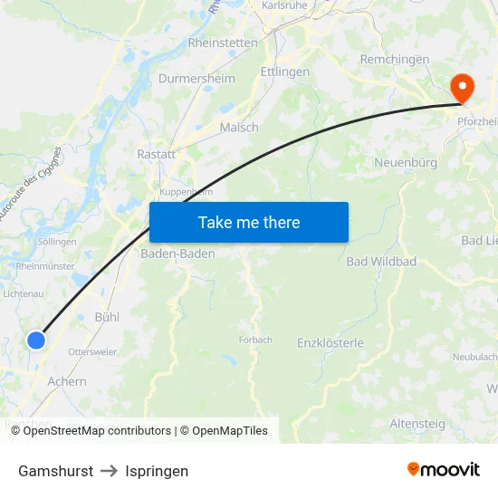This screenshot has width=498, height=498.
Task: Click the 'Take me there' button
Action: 249,222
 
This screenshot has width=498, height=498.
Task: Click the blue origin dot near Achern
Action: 35,340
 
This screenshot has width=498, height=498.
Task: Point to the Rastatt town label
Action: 156,155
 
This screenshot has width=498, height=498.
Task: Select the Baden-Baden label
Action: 177,254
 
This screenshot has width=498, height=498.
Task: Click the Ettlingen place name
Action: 285,72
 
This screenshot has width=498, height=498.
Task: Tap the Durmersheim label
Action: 196,79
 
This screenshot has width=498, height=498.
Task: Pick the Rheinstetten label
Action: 223,43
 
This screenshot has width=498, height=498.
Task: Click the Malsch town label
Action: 239,128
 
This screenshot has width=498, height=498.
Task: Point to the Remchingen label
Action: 395,59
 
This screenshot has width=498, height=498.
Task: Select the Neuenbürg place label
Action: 406,163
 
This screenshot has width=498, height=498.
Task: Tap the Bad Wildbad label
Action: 381,262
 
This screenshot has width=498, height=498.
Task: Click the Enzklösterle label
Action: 330,343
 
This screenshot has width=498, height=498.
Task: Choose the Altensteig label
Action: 417,423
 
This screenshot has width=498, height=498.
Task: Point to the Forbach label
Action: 255,340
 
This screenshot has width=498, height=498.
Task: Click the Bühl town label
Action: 107,317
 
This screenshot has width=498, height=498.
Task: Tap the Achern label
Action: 67,381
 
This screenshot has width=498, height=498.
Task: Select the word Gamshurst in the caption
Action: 55,471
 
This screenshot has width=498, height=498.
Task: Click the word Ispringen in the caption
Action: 157,471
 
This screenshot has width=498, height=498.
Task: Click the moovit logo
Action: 444,469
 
